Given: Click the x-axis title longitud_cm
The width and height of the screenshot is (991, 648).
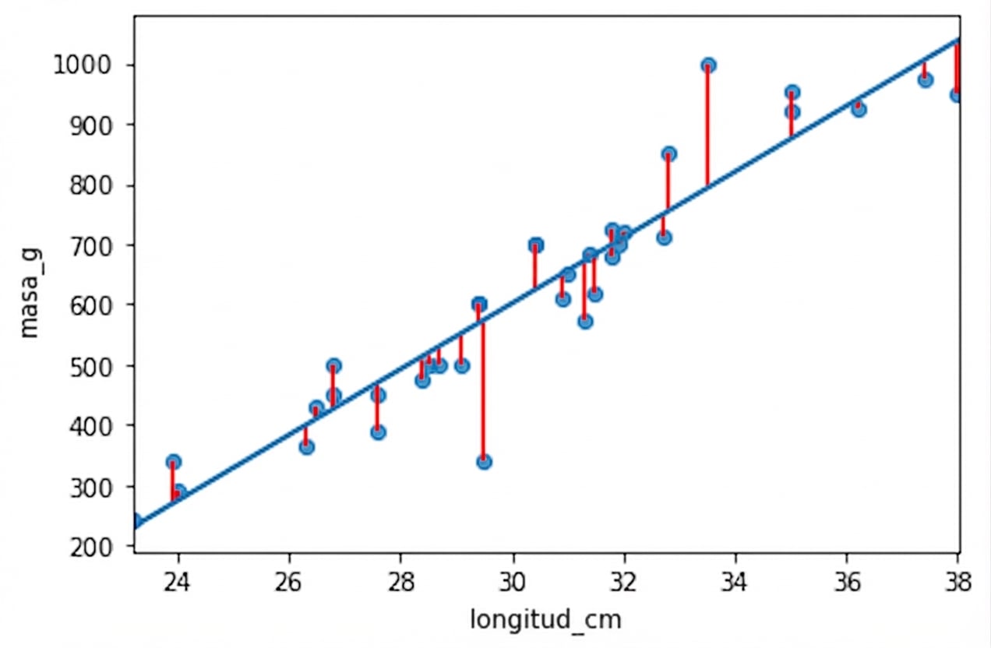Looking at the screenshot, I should point(545,620).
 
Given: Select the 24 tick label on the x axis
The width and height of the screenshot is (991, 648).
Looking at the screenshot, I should point(178,584).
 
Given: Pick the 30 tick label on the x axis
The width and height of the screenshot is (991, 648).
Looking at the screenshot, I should point(513,584).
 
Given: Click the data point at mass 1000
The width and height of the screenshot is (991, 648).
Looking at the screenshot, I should point(708,65).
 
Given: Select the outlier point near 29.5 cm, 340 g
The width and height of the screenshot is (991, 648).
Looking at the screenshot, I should point(484,462).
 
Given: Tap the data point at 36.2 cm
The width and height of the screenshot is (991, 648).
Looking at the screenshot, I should point(859,109).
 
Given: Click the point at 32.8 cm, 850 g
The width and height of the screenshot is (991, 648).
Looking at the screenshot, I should point(668,154).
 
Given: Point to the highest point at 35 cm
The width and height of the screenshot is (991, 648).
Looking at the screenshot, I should point(792,93).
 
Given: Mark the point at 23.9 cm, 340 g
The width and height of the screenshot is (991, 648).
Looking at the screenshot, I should point(173,462).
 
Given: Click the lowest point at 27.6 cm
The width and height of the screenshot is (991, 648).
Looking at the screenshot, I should point(378,432).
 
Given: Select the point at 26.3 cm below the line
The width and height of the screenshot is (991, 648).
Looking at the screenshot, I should point(306,447).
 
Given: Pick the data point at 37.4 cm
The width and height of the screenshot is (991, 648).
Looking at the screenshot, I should point(925,79).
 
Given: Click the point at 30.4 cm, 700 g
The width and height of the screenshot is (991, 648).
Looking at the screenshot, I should point(535,245).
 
